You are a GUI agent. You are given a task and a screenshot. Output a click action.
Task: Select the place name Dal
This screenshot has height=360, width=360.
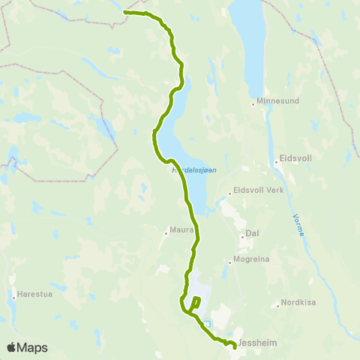pyautogui.click(x=252, y=233)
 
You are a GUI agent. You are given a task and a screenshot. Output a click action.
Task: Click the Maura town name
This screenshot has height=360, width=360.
pyautogui.click(x=182, y=230)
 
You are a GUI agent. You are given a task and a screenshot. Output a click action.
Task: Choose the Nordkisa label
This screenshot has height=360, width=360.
pyautogui.click(x=296, y=304)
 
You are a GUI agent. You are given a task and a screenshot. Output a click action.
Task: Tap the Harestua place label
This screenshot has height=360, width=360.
pyautogui.click(x=34, y=295)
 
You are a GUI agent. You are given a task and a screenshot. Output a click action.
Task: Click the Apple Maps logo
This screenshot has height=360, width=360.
pyautogui.click(x=27, y=347)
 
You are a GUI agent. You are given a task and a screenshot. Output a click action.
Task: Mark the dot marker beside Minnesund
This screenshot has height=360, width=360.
pyautogui.click(x=253, y=104)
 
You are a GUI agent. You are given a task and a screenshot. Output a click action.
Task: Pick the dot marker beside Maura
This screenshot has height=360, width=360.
pyautogui.click(x=166, y=231)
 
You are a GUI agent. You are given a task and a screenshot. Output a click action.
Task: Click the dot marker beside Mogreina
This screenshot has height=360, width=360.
pyautogui.click(x=229, y=262)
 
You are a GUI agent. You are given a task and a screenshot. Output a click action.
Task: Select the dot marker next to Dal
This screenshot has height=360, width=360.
pyautogui.click(x=242, y=234)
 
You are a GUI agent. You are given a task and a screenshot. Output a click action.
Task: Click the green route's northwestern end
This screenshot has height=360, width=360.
pyautogui.click(x=124, y=13)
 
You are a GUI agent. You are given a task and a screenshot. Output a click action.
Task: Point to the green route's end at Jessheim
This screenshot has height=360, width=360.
pyautogui.click(x=235, y=346)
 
